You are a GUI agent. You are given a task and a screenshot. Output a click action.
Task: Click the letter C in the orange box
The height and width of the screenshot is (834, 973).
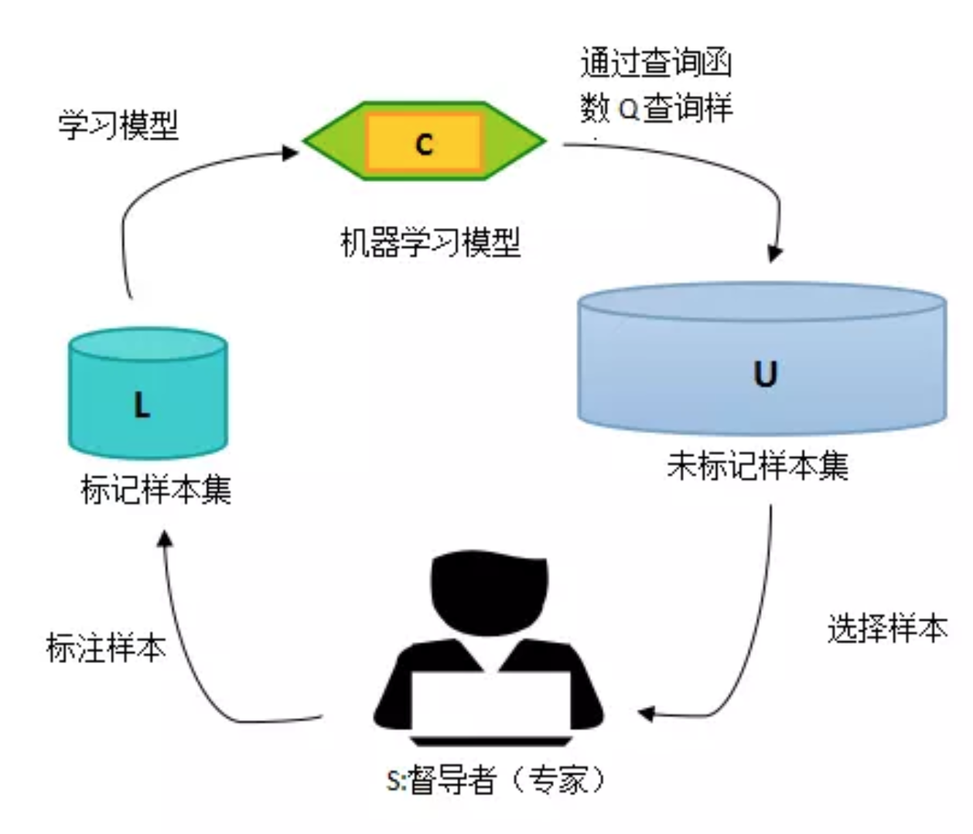(424, 144)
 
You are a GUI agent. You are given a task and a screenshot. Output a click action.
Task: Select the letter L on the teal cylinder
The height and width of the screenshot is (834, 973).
(142, 404)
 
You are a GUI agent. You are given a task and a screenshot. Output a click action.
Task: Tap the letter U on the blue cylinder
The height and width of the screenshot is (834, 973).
(764, 374)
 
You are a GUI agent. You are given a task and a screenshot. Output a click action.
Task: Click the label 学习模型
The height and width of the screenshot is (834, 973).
(118, 125)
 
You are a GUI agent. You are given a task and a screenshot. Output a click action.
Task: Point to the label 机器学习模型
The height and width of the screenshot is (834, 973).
(431, 242)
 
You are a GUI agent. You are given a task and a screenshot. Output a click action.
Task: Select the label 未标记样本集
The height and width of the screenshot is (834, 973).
(758, 466)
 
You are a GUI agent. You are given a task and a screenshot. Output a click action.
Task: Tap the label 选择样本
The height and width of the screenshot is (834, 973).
(887, 628)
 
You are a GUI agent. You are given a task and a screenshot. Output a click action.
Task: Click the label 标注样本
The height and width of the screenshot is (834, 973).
(106, 648)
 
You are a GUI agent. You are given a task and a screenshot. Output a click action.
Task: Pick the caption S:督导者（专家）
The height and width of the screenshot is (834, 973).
(495, 779)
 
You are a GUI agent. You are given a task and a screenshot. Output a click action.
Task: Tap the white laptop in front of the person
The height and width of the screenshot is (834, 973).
(490, 704)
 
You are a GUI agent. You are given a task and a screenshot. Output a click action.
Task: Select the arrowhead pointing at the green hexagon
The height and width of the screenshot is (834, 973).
(291, 152)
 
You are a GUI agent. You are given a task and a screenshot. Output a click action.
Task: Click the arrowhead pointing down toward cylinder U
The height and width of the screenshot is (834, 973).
(775, 253)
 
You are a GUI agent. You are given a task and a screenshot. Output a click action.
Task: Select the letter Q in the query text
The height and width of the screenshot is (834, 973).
(629, 110)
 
